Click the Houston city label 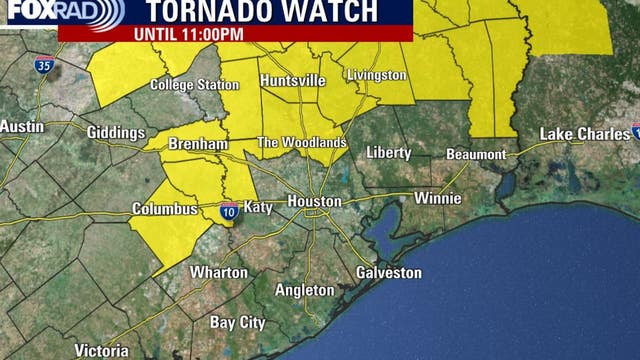coord(314,201)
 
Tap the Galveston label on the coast coord(389,273)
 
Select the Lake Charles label coord(582,134)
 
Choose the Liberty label coord(389,152)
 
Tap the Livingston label coord(376,75)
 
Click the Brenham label coord(198,144)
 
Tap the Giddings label coord(115,133)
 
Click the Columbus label coord(165,209)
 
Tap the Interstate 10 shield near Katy coord(230,210)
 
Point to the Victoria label coord(101,351)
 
